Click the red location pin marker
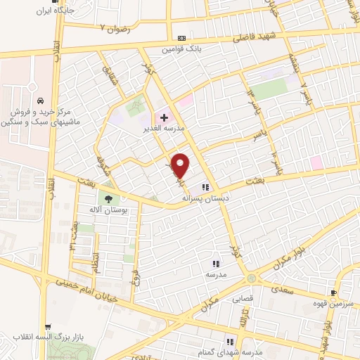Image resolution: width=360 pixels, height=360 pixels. [181, 165]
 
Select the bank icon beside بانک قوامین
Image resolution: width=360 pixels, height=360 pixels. [183, 37]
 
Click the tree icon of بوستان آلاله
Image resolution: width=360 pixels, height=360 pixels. [108, 198]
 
